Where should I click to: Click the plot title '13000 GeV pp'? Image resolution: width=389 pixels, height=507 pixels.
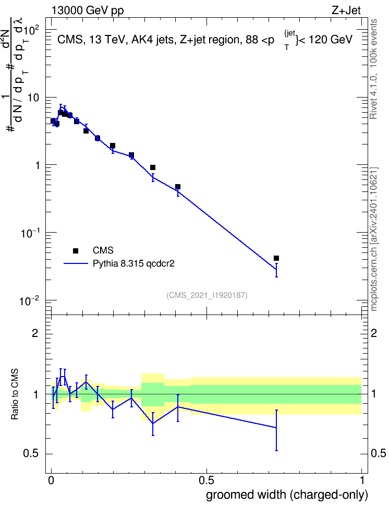(88, 10)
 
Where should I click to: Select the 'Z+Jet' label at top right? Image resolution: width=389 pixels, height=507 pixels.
(346, 10)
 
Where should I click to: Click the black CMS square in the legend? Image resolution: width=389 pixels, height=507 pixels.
(76, 250)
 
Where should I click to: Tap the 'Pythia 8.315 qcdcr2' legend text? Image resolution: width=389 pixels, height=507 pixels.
(133, 263)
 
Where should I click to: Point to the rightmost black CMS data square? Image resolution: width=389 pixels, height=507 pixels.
(276, 258)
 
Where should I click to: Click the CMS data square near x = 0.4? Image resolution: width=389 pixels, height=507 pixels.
(177, 187)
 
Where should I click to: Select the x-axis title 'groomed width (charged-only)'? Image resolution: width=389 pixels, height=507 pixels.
(287, 494)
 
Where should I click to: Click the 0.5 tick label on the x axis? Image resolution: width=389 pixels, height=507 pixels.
(206, 480)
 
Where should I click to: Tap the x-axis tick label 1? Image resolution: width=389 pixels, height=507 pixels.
(362, 480)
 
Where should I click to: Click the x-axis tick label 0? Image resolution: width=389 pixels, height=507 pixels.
(51, 480)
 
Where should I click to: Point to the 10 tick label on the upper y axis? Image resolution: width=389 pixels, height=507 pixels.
(33, 98)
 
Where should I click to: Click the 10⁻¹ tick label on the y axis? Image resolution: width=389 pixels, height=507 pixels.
(30, 233)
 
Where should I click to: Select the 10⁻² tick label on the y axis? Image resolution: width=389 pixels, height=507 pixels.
(30, 300)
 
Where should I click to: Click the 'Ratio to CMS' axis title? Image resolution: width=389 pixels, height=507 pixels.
(15, 394)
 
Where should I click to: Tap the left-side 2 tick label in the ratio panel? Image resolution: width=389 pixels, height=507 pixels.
(35, 333)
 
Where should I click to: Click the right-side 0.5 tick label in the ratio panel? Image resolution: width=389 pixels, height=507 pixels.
(379, 454)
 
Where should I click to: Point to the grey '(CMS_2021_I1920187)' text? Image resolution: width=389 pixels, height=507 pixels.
(207, 295)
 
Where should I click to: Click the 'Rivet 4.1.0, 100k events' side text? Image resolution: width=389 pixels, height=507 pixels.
(373, 69)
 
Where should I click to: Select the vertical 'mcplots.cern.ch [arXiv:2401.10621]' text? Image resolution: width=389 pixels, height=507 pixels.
(374, 239)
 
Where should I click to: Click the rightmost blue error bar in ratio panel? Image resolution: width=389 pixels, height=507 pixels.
(276, 430)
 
